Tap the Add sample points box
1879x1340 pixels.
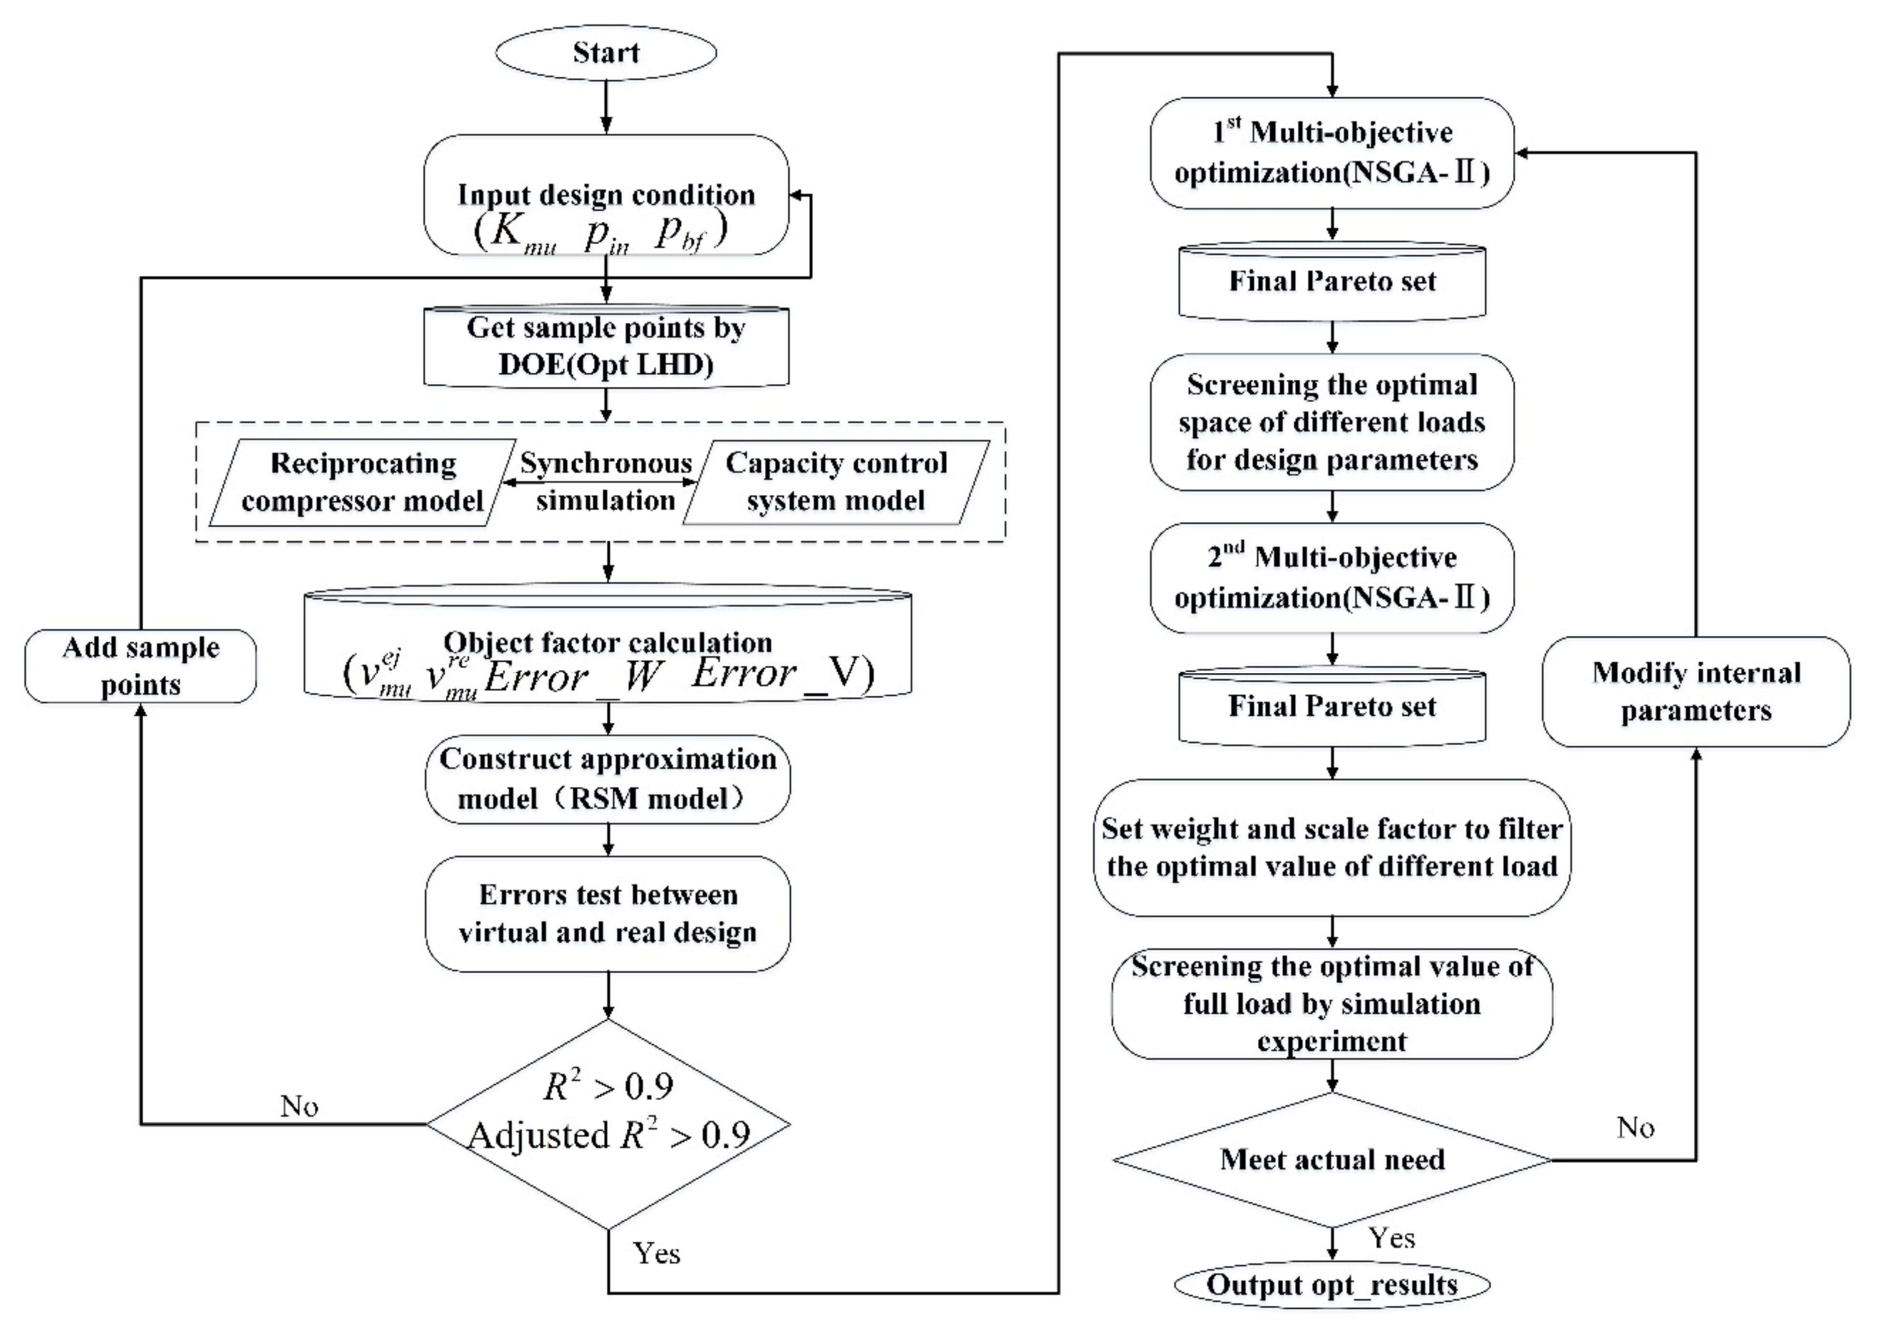140,666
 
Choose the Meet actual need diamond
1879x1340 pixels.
1331,1159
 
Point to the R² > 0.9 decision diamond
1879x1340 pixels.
608,1124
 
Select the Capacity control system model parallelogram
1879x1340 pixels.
836,482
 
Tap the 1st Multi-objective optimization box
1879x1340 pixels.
1331,153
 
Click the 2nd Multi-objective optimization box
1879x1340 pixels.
1331,578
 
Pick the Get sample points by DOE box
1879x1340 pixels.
606,346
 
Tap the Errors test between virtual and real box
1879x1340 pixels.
608,914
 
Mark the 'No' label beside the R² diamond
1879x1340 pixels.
299,1106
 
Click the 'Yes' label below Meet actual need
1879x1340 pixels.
1391,1238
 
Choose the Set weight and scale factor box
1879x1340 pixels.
1331,847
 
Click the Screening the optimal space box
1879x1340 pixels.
1331,422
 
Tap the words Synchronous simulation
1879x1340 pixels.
606,482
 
